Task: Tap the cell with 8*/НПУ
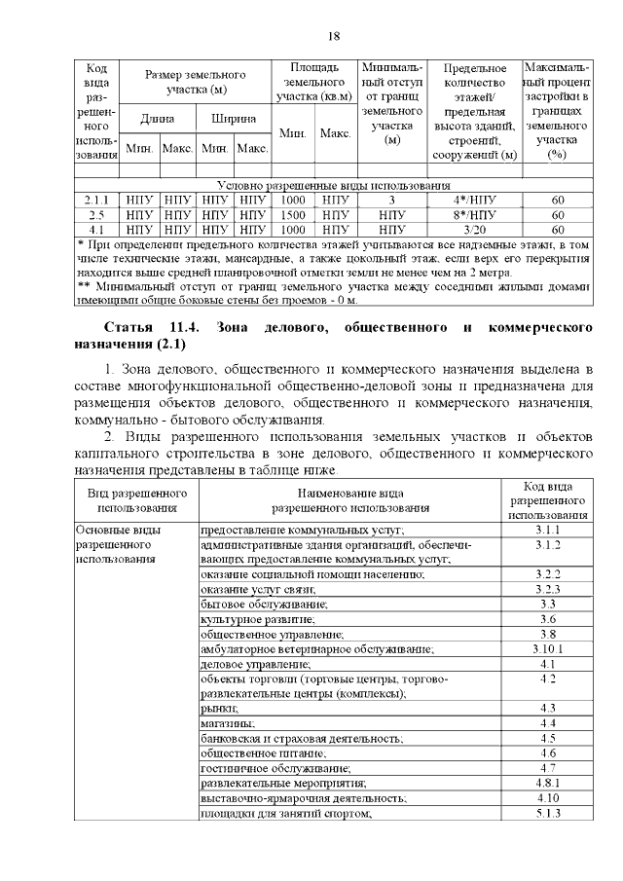474,214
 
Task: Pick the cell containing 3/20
474,229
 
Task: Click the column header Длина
157,119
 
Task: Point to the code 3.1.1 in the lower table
548,530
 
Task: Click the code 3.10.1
548,648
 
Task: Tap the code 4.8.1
548,783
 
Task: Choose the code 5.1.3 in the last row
548,813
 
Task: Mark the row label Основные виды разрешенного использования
118,544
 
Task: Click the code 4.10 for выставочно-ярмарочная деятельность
548,798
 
